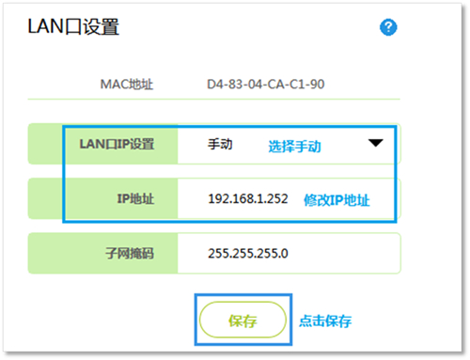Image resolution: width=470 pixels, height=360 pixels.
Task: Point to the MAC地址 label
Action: (126, 86)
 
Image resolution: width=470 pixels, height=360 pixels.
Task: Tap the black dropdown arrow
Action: (376, 144)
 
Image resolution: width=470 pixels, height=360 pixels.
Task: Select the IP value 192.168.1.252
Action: (249, 199)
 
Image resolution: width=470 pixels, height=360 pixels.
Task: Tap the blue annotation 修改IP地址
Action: (337, 199)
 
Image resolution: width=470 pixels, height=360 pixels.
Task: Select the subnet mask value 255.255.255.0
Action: (247, 253)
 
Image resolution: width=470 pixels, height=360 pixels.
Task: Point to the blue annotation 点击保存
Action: (325, 321)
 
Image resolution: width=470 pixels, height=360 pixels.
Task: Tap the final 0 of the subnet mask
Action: (285, 253)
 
